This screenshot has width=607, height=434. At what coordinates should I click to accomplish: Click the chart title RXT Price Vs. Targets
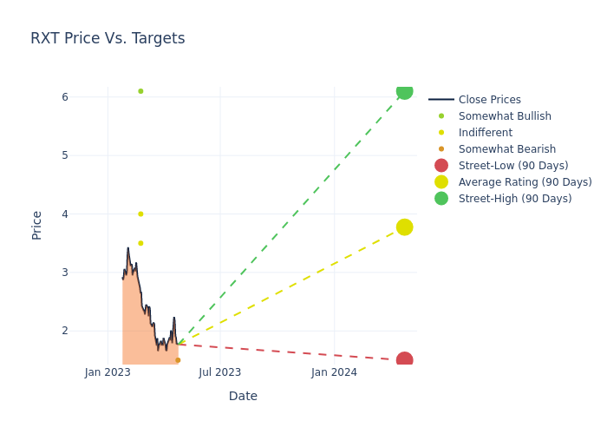click(108, 38)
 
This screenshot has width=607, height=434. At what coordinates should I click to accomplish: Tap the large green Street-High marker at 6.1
click(404, 91)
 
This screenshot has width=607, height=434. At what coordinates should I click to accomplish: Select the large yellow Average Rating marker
click(404, 227)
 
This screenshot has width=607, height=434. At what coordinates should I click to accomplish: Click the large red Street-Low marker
click(404, 360)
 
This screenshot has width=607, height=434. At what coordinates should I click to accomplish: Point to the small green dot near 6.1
click(140, 91)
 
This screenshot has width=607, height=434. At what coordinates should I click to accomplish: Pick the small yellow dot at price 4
click(140, 214)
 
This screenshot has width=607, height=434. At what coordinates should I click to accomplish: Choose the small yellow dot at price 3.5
click(140, 243)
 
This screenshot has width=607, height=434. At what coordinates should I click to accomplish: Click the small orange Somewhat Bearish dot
click(178, 360)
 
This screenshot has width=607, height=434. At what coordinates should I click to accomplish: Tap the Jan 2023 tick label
click(108, 373)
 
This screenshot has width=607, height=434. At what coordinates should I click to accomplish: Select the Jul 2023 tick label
click(219, 373)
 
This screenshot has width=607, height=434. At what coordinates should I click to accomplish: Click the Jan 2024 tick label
click(334, 373)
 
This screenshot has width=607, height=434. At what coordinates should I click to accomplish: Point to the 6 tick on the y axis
click(65, 97)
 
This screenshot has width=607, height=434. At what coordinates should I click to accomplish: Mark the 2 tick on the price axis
click(65, 331)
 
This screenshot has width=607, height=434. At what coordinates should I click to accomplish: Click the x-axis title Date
click(243, 396)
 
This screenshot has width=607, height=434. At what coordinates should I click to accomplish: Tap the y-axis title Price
click(37, 225)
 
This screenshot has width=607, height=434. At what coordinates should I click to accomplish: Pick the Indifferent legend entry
click(485, 133)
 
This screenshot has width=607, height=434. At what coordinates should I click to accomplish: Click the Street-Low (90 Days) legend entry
click(513, 166)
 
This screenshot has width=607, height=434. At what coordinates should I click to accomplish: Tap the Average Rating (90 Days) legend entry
click(525, 182)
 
